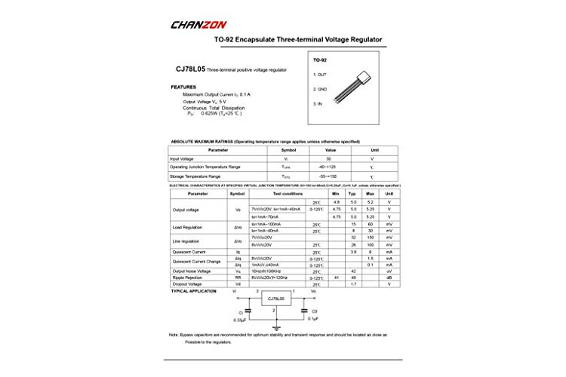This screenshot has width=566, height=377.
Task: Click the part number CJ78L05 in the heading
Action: [192, 69]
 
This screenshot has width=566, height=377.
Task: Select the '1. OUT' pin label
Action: [321, 75]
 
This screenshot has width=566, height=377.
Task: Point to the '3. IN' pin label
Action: [319, 103]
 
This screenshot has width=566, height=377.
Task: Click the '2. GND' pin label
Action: [321, 89]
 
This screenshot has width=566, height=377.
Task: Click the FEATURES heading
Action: [183, 87]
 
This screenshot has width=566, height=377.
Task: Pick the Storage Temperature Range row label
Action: [195, 176]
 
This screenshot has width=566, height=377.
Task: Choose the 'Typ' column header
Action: [352, 194]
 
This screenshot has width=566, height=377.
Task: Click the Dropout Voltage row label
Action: [188, 284]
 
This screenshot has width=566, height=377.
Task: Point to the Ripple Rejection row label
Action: [188, 277]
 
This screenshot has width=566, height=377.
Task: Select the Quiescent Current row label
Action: [189, 252]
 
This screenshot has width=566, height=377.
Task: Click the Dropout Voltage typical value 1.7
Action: [352, 284]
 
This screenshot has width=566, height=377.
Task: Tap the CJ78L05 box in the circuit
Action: [276, 299]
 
